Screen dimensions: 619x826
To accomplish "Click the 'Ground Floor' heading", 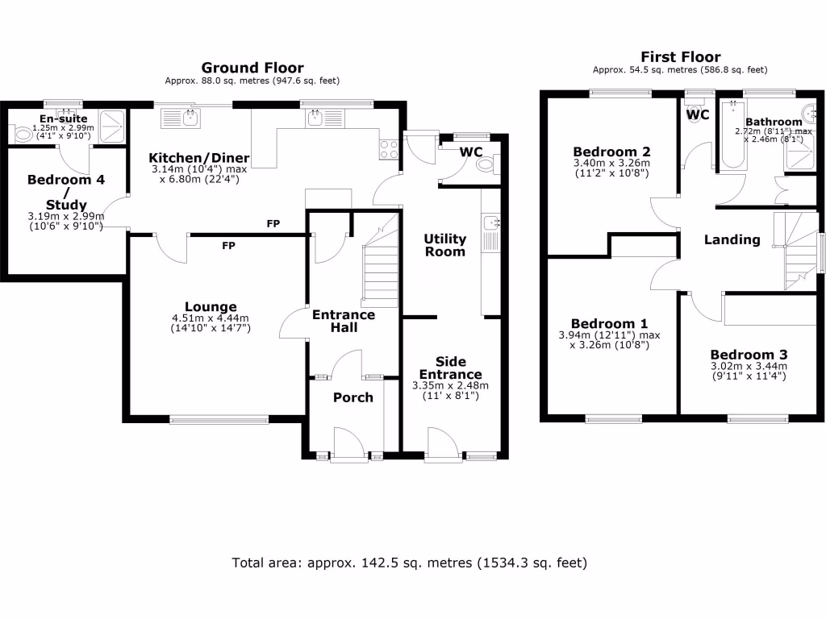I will point(252,68).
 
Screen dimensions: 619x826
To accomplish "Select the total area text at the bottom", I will point(409,562).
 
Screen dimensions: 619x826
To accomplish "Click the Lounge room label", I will point(211,306).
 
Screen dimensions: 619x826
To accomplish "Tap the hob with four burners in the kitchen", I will point(389,148).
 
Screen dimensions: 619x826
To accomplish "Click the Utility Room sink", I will point(490,222).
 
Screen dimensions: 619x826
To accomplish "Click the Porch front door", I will point(349,446).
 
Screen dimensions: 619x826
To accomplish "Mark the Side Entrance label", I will point(458,368).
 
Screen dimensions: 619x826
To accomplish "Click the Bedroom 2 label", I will point(611,152).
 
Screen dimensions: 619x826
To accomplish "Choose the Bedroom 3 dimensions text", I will point(749,371).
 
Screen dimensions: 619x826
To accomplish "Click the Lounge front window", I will point(219,418).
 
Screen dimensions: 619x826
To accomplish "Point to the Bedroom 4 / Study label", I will point(66,192).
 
